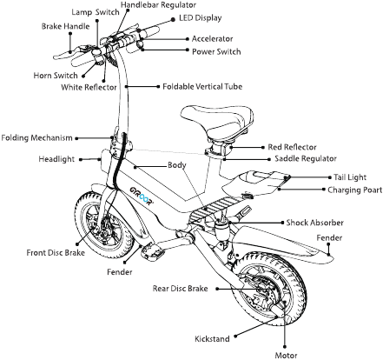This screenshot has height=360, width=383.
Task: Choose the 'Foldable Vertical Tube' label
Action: point(206,87)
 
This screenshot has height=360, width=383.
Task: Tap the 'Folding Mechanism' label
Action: point(36,137)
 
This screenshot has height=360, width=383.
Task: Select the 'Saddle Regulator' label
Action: point(307,158)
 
